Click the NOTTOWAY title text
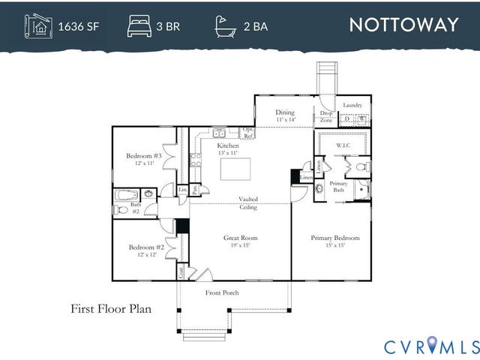point(403,25)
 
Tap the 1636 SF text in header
point(78,27)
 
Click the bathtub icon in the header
point(223,26)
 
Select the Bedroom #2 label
point(146,250)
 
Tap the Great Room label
point(240,241)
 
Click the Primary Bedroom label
point(335,241)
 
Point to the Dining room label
point(286,115)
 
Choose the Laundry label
point(352,106)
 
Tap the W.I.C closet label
point(343,145)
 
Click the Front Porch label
point(222,292)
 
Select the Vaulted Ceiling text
point(248,202)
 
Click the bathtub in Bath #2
point(125,197)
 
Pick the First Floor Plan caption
point(111,308)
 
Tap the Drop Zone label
point(326,117)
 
